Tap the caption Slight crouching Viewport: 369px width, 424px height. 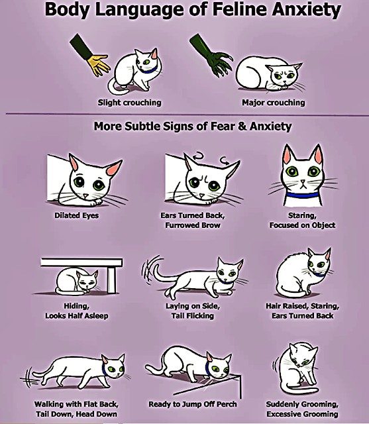click(129, 103)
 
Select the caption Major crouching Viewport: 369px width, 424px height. click(273, 103)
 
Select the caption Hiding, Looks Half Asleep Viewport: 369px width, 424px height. click(74, 311)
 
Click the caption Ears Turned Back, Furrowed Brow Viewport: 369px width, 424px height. click(190, 220)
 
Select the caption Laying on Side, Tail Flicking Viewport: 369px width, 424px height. click(191, 311)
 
